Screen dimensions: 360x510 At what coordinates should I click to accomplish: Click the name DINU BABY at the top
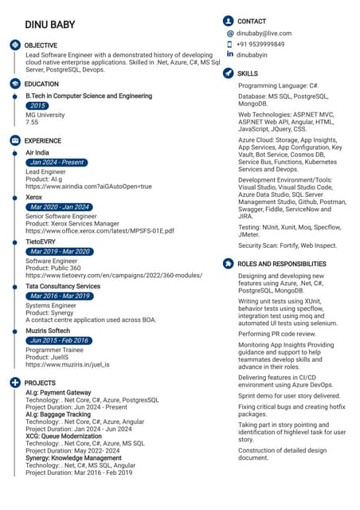[x=49, y=25]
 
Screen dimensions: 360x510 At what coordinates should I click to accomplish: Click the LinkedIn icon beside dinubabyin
[x=230, y=54]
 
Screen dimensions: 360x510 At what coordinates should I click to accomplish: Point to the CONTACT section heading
[x=252, y=21]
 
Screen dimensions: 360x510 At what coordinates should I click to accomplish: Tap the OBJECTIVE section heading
[x=41, y=45]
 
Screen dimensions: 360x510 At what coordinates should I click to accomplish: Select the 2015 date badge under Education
[x=37, y=105]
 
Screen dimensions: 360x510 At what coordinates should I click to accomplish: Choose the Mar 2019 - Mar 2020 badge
[x=60, y=252]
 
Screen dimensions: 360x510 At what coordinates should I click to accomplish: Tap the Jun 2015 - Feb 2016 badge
[x=59, y=340]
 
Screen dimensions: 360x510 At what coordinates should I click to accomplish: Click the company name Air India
[x=37, y=152]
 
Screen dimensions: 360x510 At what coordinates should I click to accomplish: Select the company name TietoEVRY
[x=41, y=241]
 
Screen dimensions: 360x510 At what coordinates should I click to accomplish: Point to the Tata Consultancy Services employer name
[x=63, y=286]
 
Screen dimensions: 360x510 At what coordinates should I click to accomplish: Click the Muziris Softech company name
[x=48, y=330]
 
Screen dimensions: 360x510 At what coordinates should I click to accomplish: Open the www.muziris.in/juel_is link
[x=68, y=364]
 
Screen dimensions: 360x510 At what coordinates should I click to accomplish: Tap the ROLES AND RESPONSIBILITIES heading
[x=282, y=264]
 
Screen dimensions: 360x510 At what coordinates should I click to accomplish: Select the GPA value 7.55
[x=32, y=123]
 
